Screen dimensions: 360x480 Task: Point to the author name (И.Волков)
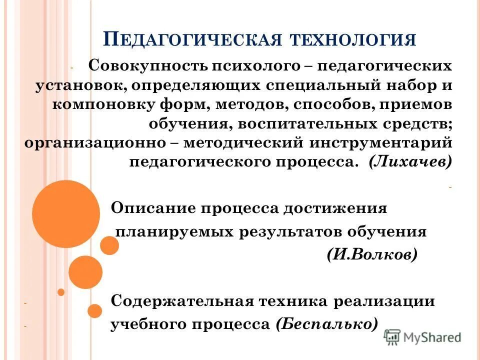tap(371, 255)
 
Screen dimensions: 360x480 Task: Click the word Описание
tap(153, 208)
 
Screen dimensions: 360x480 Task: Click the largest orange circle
tap(66, 214)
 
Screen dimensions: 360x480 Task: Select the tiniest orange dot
tap(61, 292)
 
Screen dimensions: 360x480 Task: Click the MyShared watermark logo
tap(423, 336)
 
